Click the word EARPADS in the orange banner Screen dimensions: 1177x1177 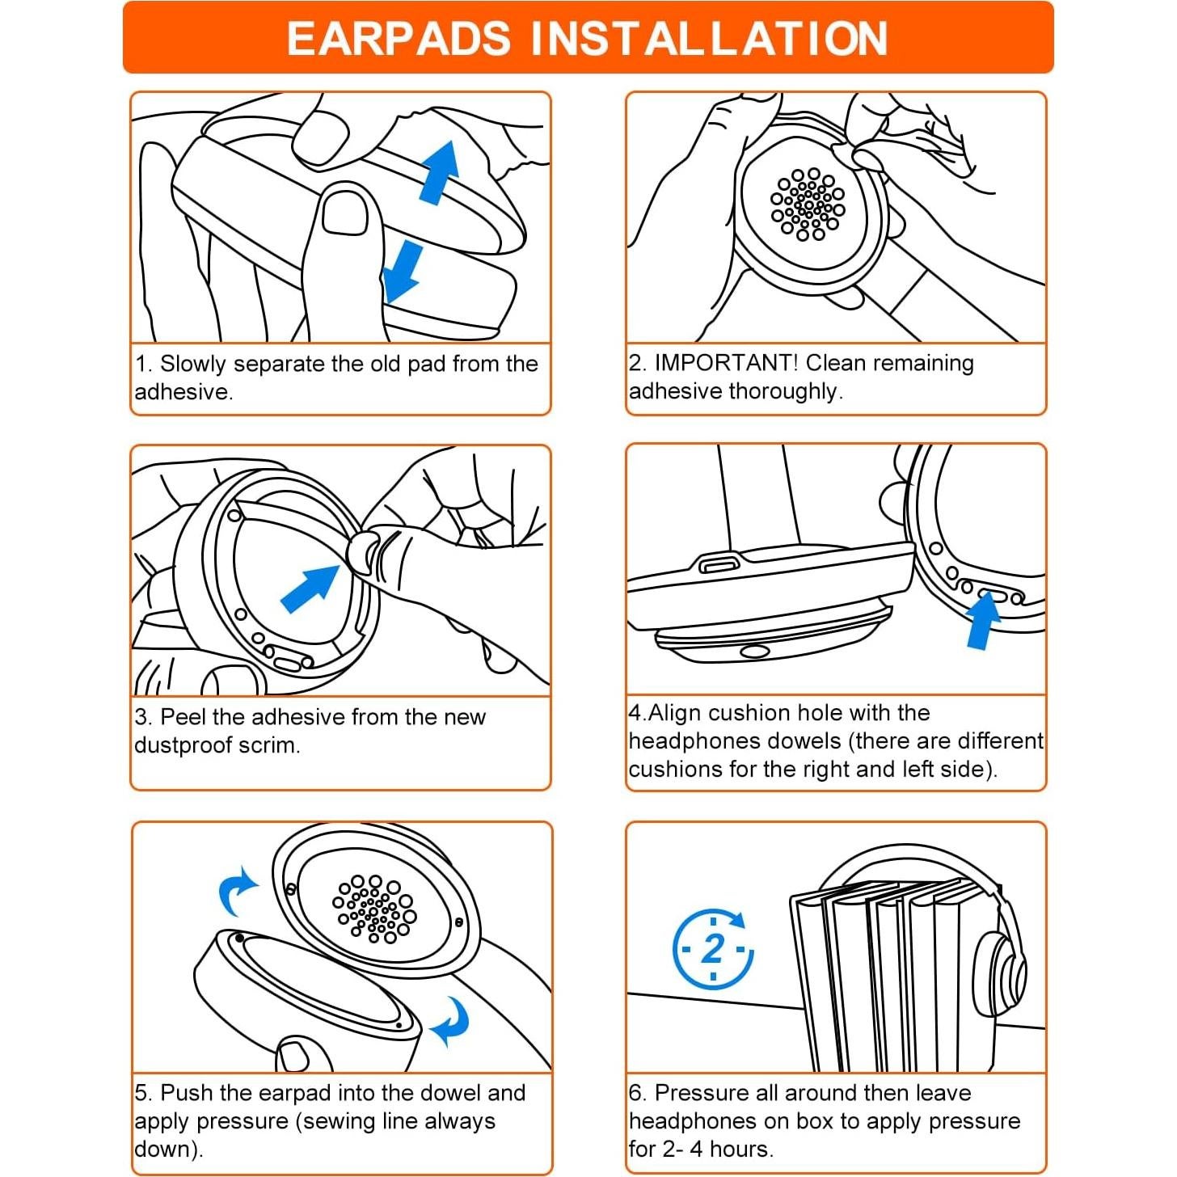pyautogui.click(x=399, y=39)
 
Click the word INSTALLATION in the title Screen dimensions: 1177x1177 pyautogui.click(x=709, y=39)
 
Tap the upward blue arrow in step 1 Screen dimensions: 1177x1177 pyautogui.click(x=440, y=172)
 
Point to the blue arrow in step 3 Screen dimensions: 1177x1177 pyautogui.click(x=310, y=588)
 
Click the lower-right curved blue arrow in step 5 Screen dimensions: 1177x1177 pyautogui.click(x=451, y=1023)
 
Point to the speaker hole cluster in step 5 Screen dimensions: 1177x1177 pyautogui.click(x=374, y=909)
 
